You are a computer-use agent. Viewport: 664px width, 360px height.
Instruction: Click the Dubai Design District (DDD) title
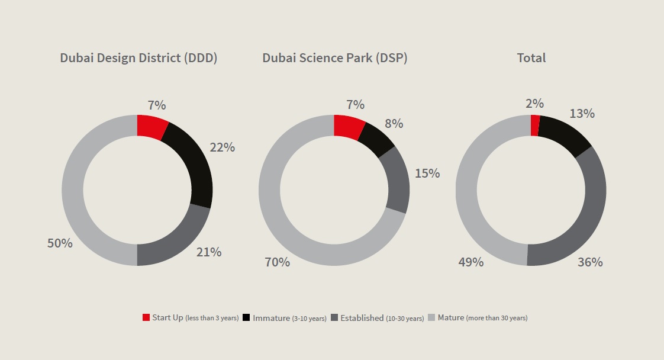tap(138, 58)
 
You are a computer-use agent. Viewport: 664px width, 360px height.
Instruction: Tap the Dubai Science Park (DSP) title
tap(335, 58)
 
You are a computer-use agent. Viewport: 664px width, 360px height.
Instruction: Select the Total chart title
tap(531, 58)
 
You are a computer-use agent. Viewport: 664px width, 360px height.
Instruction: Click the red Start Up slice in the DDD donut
tap(150, 127)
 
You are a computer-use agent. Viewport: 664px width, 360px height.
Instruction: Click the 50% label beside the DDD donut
tap(60, 243)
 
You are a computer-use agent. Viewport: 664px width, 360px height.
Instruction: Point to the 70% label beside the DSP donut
tap(277, 262)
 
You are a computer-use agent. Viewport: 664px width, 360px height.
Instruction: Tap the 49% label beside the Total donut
tap(471, 262)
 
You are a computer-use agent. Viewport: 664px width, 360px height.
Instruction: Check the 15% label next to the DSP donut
tap(427, 173)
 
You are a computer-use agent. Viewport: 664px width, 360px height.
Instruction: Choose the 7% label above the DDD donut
tap(157, 105)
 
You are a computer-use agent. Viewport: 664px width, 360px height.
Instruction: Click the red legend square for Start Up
tap(146, 318)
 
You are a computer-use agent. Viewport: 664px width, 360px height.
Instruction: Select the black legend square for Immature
tap(246, 318)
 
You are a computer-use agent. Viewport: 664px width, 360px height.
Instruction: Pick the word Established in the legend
tap(361, 318)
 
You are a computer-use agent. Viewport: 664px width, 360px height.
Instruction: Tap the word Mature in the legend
tap(451, 318)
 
